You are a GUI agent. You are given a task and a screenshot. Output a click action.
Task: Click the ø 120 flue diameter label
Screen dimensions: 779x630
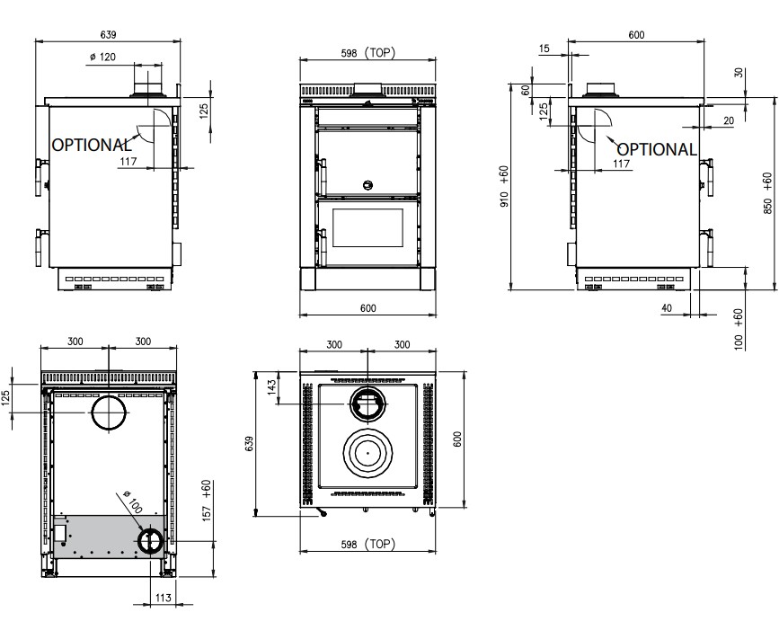pyautogui.click(x=102, y=58)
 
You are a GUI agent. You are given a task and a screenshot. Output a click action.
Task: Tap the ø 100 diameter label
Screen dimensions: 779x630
pyautogui.click(x=133, y=501)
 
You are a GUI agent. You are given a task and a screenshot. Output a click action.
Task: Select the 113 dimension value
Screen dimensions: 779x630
pyautogui.click(x=164, y=598)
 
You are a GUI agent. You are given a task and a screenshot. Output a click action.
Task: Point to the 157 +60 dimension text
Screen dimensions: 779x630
pyautogui.click(x=208, y=501)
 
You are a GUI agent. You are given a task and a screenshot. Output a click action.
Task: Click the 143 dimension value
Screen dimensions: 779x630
pyautogui.click(x=271, y=387)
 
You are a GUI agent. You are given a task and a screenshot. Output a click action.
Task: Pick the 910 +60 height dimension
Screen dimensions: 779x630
pyautogui.click(x=505, y=186)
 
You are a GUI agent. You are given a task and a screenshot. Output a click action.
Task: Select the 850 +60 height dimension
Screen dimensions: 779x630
pyautogui.click(x=767, y=193)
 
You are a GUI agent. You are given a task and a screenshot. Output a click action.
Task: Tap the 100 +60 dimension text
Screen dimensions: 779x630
pyautogui.click(x=739, y=330)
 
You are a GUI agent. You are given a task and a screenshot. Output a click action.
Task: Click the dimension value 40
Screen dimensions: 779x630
pyautogui.click(x=667, y=308)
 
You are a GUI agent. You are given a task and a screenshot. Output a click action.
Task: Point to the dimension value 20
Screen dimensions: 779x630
pyautogui.click(x=729, y=120)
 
